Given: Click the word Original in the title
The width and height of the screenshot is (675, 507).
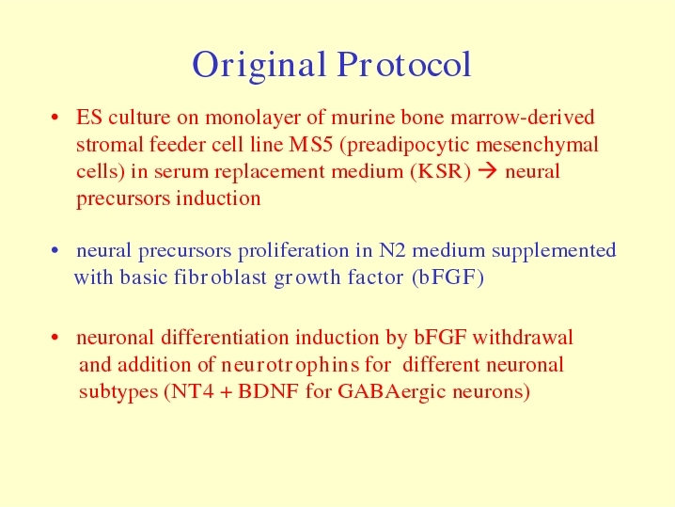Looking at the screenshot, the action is (259, 66).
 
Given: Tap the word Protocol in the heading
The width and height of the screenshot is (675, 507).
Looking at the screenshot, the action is (404, 64).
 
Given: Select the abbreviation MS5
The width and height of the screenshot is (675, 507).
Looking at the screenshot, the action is (311, 144).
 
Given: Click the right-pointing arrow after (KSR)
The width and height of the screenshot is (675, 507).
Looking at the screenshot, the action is (488, 171).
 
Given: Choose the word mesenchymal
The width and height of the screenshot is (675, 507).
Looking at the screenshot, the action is (537, 145).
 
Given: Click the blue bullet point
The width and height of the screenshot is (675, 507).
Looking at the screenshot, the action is (55, 250).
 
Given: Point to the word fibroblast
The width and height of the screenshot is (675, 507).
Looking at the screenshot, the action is (220, 277).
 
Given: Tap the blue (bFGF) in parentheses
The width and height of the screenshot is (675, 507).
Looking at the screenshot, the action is (447, 277).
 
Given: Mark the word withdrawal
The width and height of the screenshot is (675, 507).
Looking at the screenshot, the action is (523, 338).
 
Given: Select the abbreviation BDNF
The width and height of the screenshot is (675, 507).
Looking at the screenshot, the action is (268, 391).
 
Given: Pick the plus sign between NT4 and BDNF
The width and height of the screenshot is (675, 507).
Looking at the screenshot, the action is (226, 392).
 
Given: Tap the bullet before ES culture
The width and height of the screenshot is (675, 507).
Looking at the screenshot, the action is (55, 118).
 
